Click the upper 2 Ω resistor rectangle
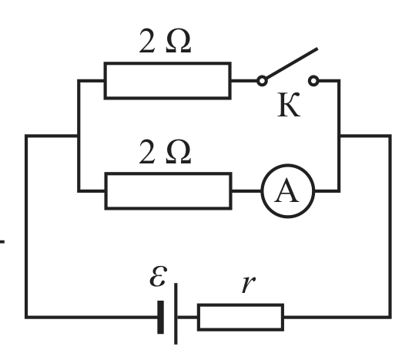click(x=167, y=62)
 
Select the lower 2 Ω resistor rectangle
click(x=169, y=173)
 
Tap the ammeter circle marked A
click(x=288, y=165)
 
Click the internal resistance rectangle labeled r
click(x=240, y=305)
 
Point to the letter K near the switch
click(x=289, y=105)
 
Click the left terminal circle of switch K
click(x=262, y=81)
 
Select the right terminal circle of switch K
click(x=313, y=81)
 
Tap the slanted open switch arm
click(x=292, y=63)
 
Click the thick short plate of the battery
click(x=160, y=317)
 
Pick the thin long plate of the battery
click(x=176, y=314)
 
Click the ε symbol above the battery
click(x=159, y=276)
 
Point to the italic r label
click(x=249, y=284)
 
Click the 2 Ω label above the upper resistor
click(x=165, y=41)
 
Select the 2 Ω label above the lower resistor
click(x=165, y=152)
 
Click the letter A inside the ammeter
click(x=287, y=190)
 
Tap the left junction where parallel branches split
click(x=79, y=136)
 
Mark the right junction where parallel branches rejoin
click(x=340, y=136)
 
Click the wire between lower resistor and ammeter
click(x=246, y=191)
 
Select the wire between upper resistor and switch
click(x=244, y=81)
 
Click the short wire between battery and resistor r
click(x=187, y=317)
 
